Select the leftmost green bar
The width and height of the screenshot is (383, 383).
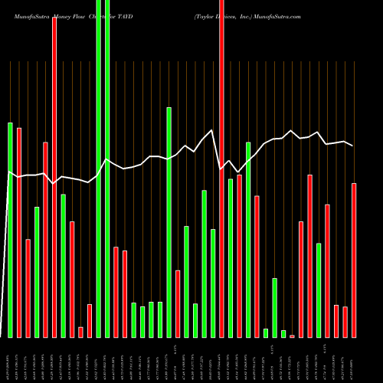tap(11, 230)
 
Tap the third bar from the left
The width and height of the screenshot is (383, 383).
tap(28, 288)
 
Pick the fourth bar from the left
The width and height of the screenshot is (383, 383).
tap(37, 272)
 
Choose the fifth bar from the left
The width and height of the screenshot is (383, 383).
tap(45, 239)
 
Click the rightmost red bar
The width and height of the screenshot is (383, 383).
tap(354, 260)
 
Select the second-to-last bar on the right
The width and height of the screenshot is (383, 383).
tap(345, 322)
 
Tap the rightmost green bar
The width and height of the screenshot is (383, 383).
tap(319, 290)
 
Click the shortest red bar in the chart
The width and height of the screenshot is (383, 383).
tap(292, 336)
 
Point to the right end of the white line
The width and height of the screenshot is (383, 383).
tap(352, 146)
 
